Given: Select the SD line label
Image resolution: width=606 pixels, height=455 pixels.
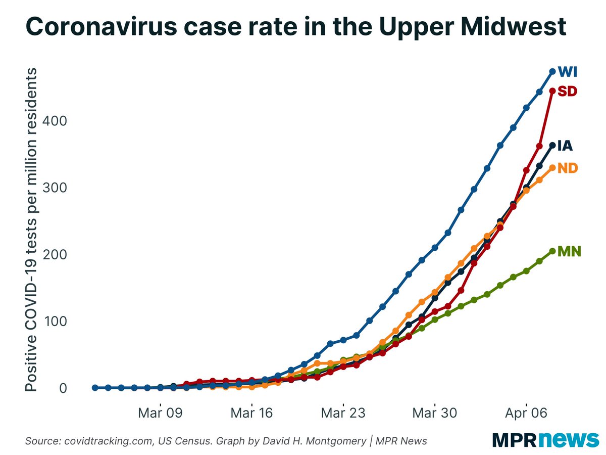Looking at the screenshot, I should pos(567,91).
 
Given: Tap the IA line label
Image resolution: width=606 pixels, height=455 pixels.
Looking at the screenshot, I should pos(565,146).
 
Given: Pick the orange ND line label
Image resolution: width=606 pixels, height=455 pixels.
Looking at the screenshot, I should pos(567,168).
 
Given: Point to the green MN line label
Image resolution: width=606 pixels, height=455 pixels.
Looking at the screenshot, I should pos(569,251).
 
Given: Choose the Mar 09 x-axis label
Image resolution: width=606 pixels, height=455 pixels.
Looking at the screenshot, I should pos(160,413).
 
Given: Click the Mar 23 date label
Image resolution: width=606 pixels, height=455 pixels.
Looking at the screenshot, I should pos(343,413).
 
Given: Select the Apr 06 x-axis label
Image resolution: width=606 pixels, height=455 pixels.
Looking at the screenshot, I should pos(526,413).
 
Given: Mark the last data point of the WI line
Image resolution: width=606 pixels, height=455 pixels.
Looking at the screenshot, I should pos(552,72).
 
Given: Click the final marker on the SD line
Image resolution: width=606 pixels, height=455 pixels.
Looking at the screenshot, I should pos(552,91).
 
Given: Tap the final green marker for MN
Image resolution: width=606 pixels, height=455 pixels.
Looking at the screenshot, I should pos(552,251).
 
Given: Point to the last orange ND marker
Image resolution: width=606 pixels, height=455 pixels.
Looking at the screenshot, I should pos(552,167).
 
